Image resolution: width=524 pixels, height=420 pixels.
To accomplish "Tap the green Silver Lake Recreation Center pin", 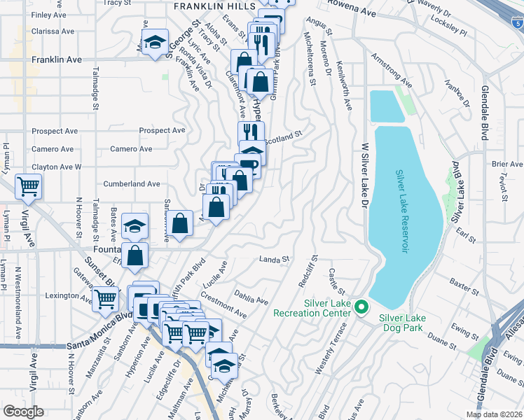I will (x=361, y=307).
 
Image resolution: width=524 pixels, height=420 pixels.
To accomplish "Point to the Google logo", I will (x=23, y=411).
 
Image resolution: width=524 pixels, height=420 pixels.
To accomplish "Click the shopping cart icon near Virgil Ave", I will (x=29, y=187).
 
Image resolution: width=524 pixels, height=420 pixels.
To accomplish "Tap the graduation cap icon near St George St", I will (x=155, y=43).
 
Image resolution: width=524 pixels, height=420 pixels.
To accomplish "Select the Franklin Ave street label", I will (x=56, y=60).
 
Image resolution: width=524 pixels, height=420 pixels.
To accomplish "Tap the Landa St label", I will (x=275, y=260).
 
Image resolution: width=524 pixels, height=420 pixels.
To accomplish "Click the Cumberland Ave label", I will (x=132, y=183).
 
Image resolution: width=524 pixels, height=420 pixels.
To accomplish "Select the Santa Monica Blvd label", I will (x=99, y=325).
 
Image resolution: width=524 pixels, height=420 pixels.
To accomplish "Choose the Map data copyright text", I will (x=494, y=414).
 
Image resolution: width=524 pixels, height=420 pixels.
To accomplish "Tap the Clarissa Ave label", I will (x=53, y=31).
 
